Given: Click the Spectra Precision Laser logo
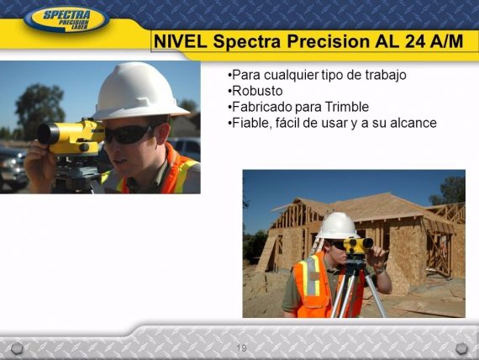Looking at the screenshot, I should click(66, 19).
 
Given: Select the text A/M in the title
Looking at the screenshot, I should click(443, 41).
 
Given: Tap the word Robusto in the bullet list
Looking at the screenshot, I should click(257, 90).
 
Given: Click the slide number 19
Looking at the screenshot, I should click(241, 347).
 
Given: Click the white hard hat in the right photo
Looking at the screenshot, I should click(337, 225).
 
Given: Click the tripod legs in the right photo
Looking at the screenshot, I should click(360, 290).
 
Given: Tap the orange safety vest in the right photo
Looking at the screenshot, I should click(312, 286).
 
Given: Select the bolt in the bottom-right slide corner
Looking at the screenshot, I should click(461, 347).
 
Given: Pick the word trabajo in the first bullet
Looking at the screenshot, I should click(384, 74).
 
